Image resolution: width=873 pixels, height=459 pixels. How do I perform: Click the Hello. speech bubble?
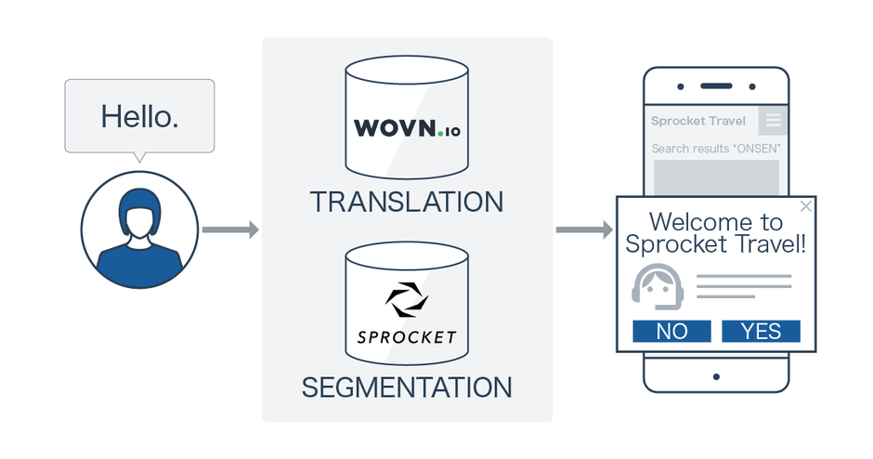(x=139, y=116)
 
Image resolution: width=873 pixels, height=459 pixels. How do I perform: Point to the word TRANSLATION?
(x=407, y=202)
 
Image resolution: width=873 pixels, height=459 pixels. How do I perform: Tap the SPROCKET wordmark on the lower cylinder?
(x=407, y=335)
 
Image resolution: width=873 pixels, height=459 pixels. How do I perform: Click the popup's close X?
(x=805, y=206)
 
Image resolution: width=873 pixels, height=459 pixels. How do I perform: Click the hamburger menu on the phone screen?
(x=774, y=121)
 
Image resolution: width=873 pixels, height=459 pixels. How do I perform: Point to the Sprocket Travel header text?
(x=698, y=121)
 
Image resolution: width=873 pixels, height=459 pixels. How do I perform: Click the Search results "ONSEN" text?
(x=716, y=149)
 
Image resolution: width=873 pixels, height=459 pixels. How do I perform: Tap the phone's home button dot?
(x=717, y=376)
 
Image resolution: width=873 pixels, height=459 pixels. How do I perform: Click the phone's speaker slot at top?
(x=717, y=86)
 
